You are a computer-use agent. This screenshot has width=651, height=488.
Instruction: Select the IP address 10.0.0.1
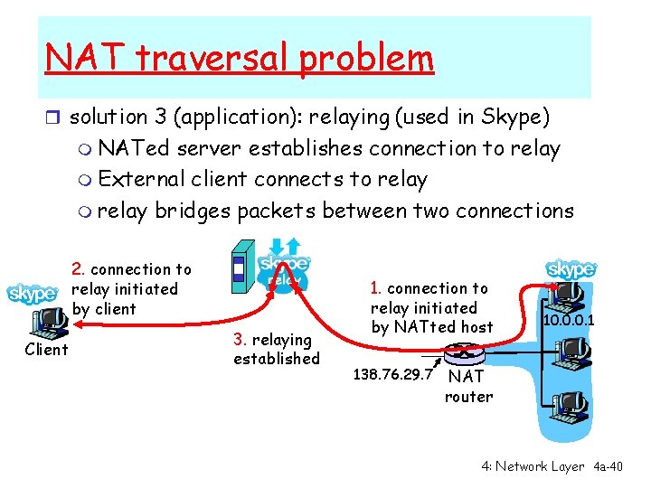[x=569, y=321]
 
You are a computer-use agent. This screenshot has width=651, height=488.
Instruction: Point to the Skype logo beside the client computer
[x=32, y=294]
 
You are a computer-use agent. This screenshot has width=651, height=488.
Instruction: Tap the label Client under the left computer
[x=46, y=349]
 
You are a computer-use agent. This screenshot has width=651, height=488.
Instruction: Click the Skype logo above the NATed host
[x=571, y=269]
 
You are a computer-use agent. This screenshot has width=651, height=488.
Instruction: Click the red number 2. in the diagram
[x=79, y=269]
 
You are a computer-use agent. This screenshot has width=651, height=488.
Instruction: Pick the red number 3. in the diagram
[x=241, y=340]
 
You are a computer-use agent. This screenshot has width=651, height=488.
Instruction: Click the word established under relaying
[x=276, y=359]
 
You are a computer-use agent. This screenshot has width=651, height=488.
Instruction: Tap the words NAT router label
[x=468, y=386]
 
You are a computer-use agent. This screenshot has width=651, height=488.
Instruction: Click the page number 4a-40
[x=608, y=466]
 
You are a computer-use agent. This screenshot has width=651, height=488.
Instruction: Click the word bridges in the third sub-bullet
[x=192, y=211]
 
